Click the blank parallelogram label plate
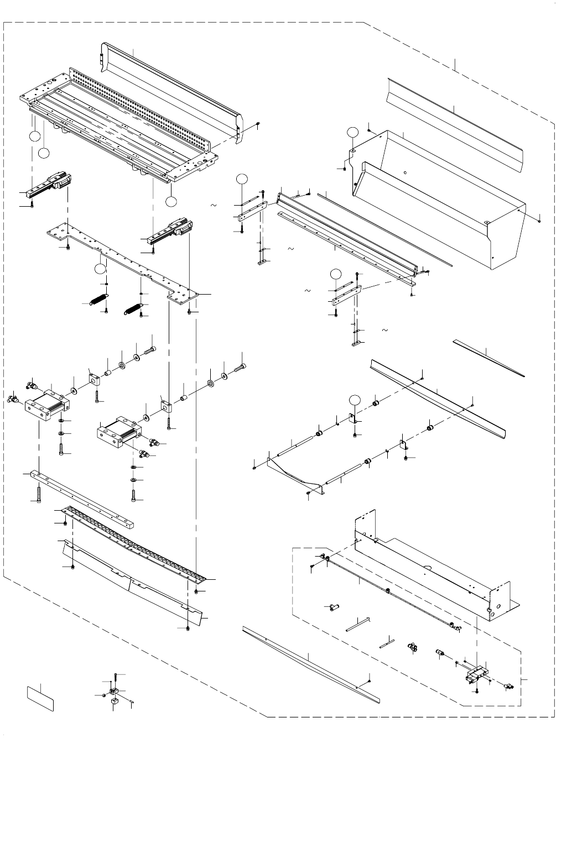pyautogui.click(x=41, y=698)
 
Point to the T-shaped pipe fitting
pyautogui.click(x=333, y=607)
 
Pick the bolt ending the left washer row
pyautogui.click(x=151, y=350)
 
